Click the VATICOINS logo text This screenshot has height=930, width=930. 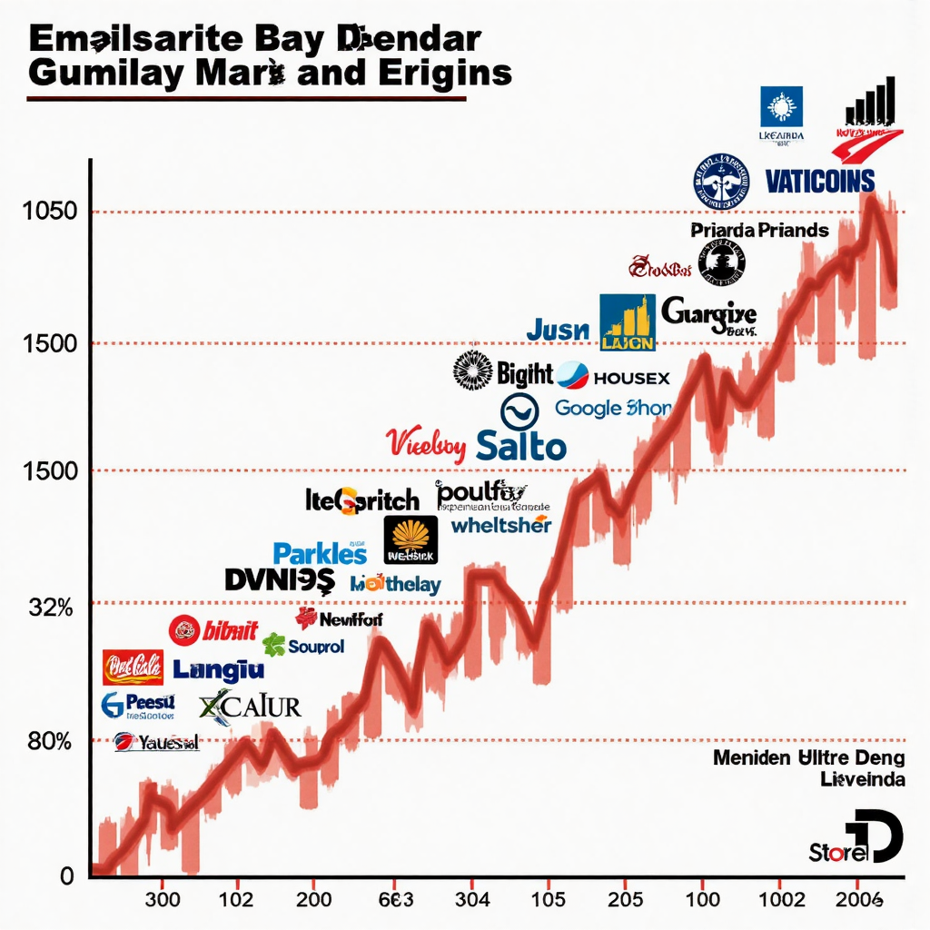819,181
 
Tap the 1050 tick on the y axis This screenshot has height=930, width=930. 50,212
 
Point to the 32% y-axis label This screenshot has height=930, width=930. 50,608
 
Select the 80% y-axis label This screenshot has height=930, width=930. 50,741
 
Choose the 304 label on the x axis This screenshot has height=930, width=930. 471,899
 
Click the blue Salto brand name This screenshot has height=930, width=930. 520,446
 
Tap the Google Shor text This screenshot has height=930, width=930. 612,408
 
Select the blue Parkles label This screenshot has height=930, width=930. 320,553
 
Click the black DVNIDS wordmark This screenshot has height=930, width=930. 279,580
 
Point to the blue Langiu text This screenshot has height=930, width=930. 218,670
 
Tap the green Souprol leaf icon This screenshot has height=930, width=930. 273,645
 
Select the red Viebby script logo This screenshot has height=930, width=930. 425,443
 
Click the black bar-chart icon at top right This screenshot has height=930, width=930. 870,101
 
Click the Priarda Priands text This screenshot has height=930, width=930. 759,230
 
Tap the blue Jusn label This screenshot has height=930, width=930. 558,331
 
